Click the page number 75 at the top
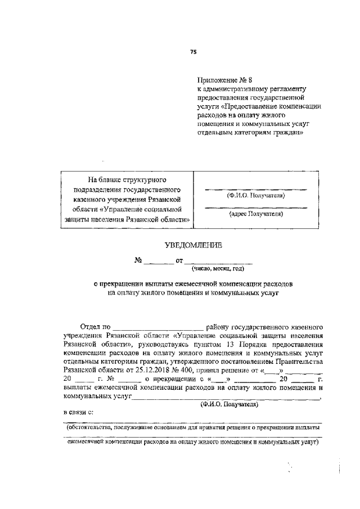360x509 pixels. (193, 51)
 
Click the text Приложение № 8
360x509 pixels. (223, 80)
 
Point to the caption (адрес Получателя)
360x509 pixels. (255, 214)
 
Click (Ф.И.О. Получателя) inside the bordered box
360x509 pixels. (256, 196)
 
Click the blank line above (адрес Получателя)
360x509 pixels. (255, 208)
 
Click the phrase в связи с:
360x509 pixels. (78, 412)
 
